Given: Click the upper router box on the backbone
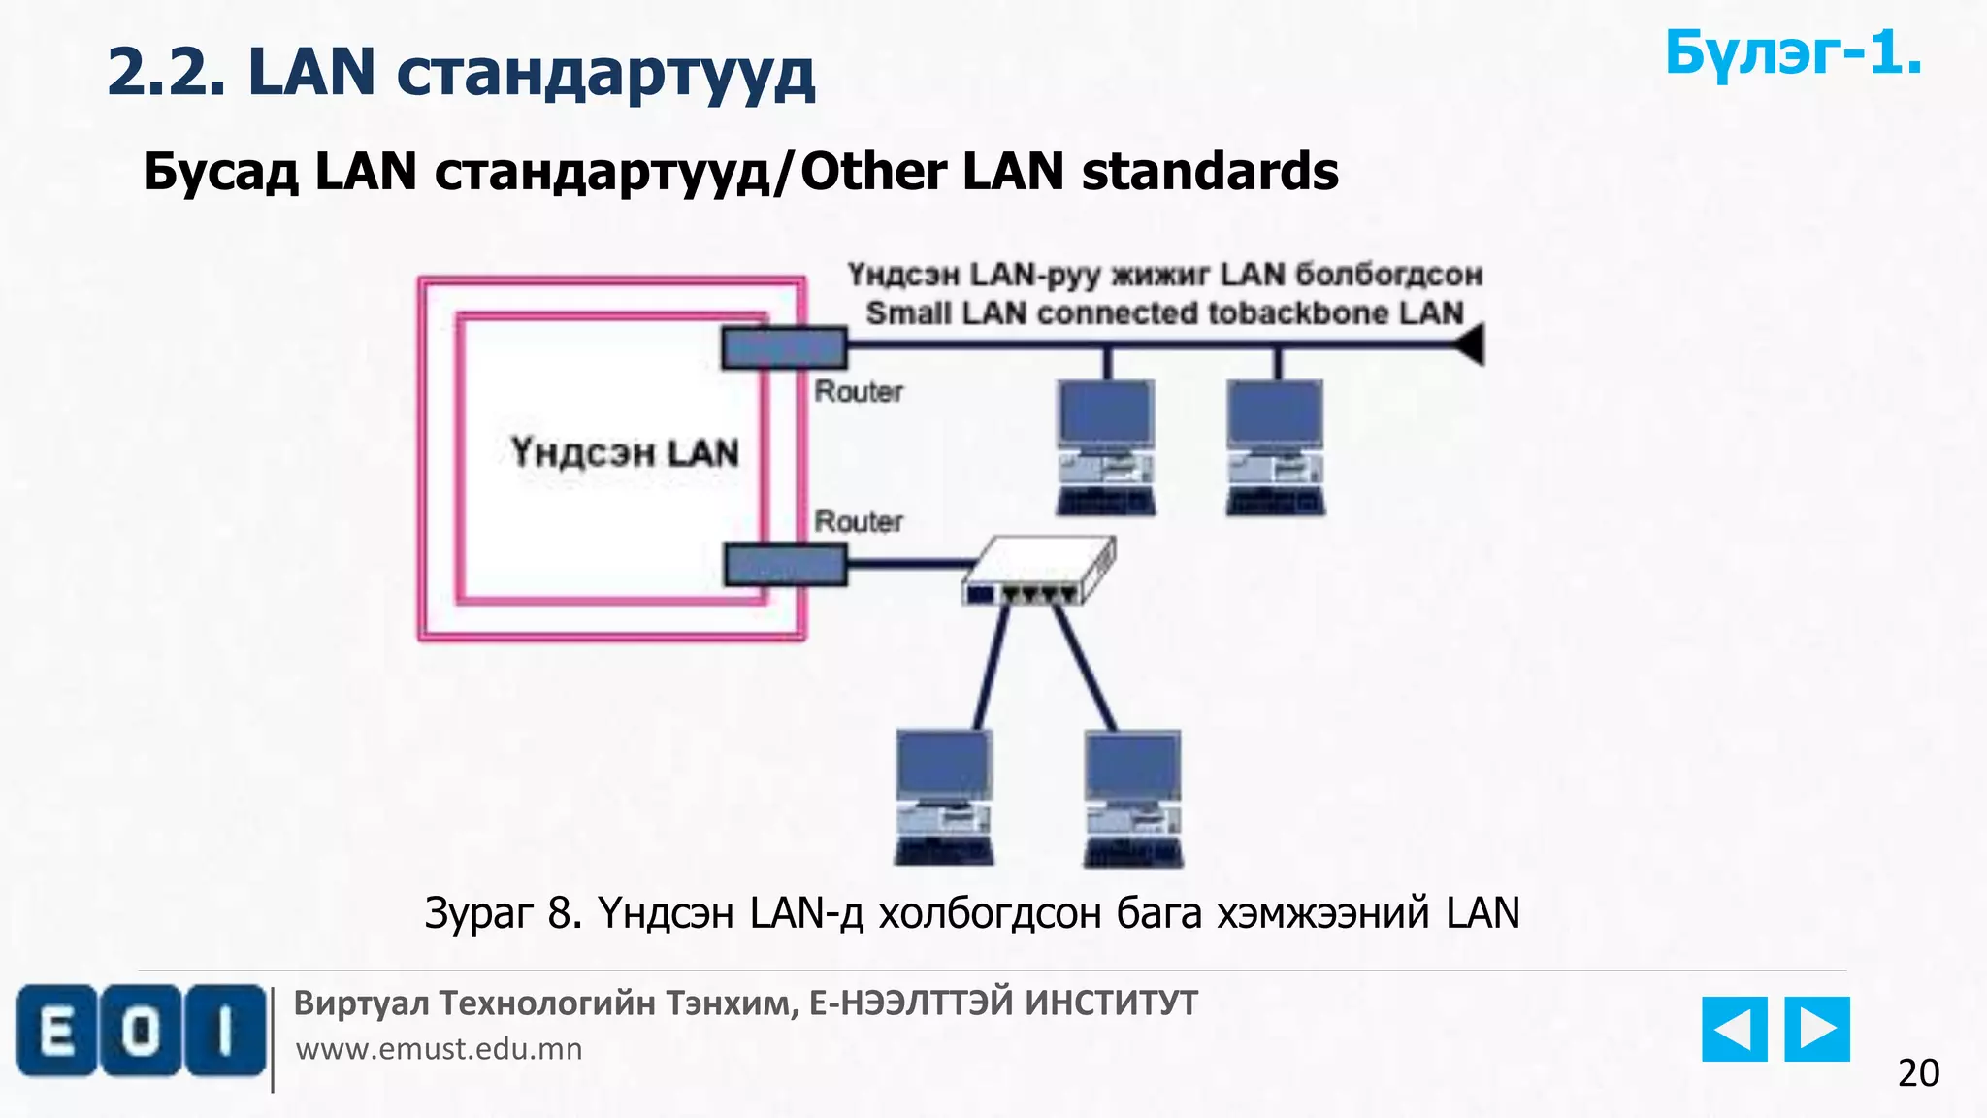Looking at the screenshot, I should point(784,347).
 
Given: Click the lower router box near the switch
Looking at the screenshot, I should point(786,564).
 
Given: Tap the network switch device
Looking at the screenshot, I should point(1038,572).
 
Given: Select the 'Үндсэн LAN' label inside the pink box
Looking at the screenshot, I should point(625,453).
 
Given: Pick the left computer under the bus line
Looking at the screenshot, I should point(1106,446).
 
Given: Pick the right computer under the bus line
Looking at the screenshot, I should point(1276,446).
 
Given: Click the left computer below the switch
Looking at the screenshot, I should point(943,797).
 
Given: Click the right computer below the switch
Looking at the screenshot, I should point(1132,797).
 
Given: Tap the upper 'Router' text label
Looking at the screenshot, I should point(859,392).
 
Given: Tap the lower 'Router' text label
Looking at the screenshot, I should point(859,521).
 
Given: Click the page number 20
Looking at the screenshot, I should point(1918,1073).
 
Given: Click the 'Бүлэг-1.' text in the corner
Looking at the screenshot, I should point(1793,53).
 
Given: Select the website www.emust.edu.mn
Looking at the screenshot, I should point(439,1049).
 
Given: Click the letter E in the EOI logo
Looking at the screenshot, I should point(56,1031).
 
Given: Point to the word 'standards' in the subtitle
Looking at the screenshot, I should point(1210,172).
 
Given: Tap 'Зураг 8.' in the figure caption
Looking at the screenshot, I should point(503,913).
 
